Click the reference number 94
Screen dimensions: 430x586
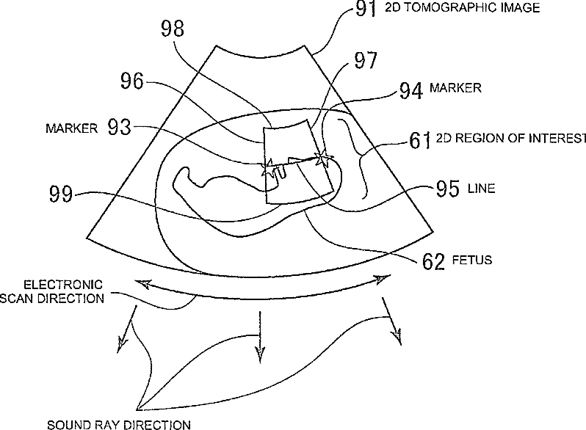(x=412, y=90)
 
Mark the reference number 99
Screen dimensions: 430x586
(x=63, y=195)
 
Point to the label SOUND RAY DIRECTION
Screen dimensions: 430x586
(x=118, y=423)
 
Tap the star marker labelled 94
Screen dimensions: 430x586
(x=322, y=158)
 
